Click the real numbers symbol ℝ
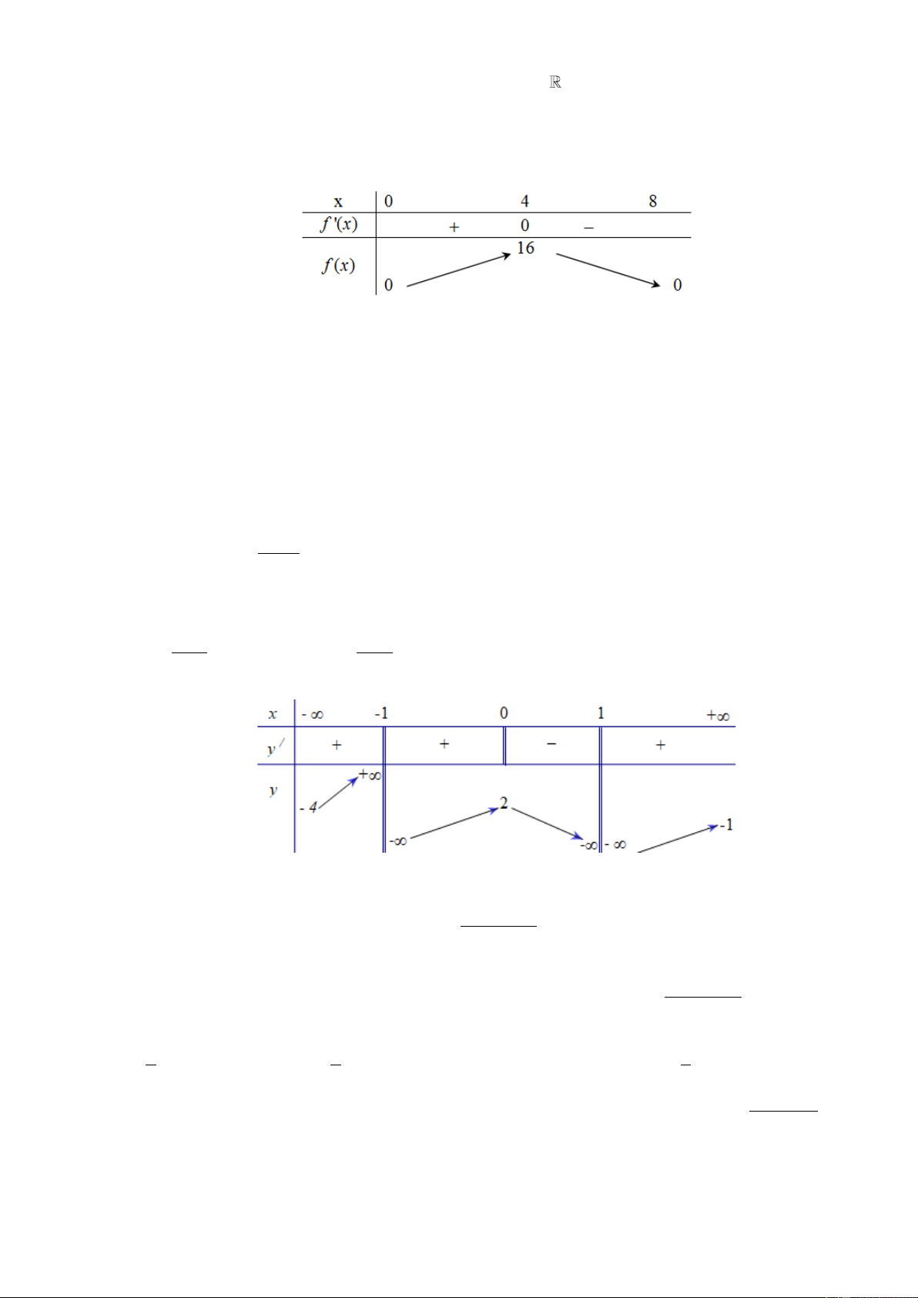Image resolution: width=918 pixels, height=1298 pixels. [x=554, y=82]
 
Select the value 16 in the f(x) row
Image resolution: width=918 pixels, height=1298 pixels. [x=525, y=248]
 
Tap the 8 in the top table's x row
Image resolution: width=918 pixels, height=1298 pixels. [x=653, y=201]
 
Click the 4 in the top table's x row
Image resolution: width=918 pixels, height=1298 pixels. [x=524, y=201]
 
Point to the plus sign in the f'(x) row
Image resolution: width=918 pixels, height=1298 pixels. [x=454, y=227]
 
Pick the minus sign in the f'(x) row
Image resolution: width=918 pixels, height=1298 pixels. [x=589, y=228]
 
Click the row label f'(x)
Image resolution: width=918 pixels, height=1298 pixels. [x=339, y=224]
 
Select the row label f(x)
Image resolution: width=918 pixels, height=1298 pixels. [x=338, y=266]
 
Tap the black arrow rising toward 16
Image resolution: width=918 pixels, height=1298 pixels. [x=459, y=270]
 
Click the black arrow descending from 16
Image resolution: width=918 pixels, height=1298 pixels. [x=608, y=270]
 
